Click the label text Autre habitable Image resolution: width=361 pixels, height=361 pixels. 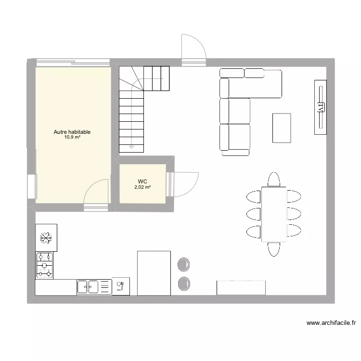click(x=72, y=132)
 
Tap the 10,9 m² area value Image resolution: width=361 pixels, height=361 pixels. click(x=72, y=137)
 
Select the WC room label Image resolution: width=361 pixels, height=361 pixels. click(x=142, y=181)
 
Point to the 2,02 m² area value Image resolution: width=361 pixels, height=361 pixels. click(x=142, y=187)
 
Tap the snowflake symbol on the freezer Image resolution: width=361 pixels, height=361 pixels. click(x=46, y=237)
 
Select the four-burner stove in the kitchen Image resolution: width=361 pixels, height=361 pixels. click(x=45, y=265)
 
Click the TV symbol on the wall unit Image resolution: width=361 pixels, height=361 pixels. click(x=320, y=107)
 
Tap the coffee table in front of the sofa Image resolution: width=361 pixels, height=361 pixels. click(x=282, y=128)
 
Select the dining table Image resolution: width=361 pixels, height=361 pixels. click(x=274, y=213)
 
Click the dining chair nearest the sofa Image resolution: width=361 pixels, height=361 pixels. click(x=274, y=179)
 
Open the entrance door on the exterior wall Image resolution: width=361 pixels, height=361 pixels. click(x=193, y=48)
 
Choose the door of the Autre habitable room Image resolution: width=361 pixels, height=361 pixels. click(x=96, y=193)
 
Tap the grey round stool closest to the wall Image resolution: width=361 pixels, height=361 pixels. click(x=183, y=284)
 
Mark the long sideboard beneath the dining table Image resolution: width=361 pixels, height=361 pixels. click(x=241, y=287)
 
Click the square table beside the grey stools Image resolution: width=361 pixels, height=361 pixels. click(x=154, y=272)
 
